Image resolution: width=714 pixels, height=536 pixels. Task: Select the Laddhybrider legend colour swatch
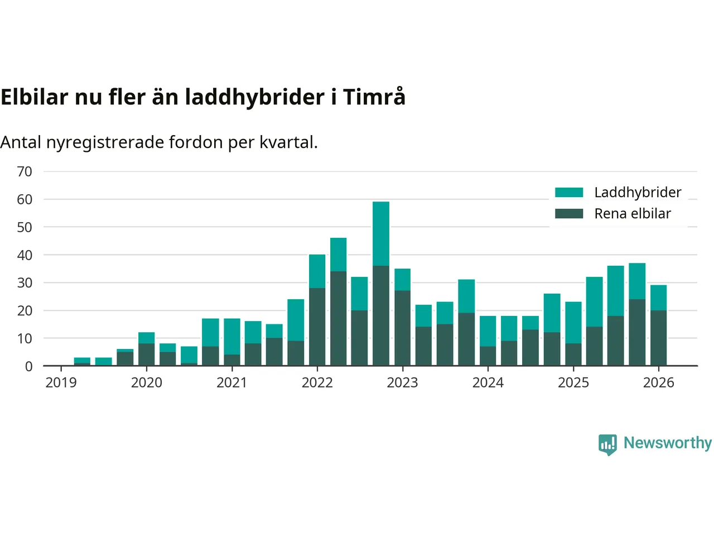point(569,193)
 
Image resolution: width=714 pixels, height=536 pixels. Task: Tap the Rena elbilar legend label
point(632,214)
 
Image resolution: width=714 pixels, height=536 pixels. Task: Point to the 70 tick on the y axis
point(25,171)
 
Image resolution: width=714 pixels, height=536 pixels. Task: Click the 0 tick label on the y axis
point(28,366)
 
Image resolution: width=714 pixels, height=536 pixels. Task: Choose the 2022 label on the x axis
point(317,383)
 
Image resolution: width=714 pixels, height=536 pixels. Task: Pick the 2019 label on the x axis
point(61,383)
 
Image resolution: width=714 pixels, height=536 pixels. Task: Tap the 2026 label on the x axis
point(658,383)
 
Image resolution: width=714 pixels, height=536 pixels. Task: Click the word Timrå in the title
point(374,97)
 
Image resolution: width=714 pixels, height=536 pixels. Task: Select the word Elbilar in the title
point(35,97)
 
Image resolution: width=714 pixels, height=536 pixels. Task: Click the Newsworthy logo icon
point(607,444)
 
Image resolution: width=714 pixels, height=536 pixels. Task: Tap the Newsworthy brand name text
point(667,443)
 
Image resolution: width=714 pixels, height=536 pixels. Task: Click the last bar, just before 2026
point(658,326)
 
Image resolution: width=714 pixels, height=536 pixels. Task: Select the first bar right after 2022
point(339,301)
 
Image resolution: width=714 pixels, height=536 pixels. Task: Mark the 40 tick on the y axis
point(25,255)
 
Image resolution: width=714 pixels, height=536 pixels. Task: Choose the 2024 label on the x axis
point(488,383)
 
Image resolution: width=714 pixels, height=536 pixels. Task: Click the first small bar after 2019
point(82,362)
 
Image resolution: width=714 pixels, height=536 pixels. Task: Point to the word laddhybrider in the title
point(255,97)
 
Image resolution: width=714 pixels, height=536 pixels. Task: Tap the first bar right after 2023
point(423,335)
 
